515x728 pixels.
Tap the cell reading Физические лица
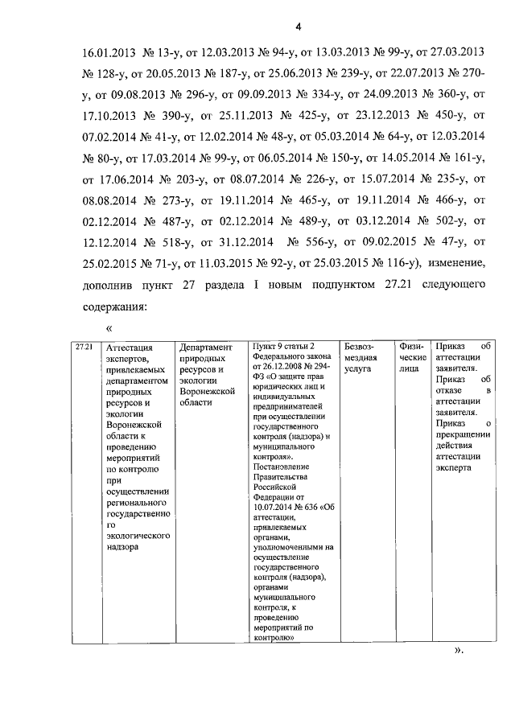411,356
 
